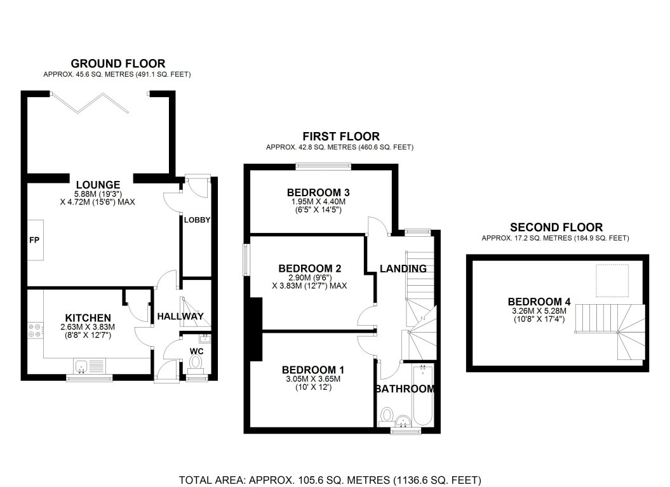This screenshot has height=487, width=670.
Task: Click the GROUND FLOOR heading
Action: point(117,63)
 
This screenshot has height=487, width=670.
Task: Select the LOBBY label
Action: point(197,220)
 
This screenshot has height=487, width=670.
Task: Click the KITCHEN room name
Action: point(88,317)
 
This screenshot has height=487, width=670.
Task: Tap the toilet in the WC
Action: point(196,362)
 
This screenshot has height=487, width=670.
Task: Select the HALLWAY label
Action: point(180,316)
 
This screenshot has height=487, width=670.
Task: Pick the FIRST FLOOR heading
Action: point(340,137)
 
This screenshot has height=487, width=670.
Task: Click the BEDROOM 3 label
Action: point(319,192)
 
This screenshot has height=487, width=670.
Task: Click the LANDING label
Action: point(403,269)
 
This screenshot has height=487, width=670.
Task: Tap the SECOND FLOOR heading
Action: point(556,227)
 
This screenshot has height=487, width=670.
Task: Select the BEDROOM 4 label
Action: point(535,302)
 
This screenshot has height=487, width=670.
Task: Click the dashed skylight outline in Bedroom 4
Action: point(612,280)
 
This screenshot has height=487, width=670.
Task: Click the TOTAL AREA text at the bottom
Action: point(330,479)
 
